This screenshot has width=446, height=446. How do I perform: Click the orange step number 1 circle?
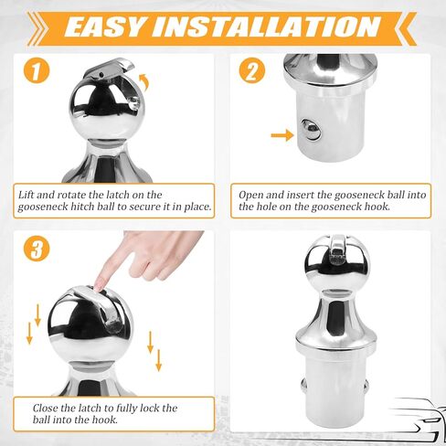point(37,70)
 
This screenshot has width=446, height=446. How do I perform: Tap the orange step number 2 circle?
point(252,70)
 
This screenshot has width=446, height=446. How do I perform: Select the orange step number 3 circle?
point(37,249)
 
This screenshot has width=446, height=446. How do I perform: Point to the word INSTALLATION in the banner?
point(267,27)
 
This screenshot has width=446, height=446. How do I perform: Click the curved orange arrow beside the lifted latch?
point(144,81)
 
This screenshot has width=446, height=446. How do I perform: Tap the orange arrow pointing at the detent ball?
point(282,134)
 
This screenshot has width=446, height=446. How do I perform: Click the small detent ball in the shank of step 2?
point(311,130)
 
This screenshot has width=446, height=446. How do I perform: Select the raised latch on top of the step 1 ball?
point(110,69)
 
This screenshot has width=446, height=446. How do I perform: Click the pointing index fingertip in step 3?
point(99,286)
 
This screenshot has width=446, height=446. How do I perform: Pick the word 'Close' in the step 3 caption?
point(46,409)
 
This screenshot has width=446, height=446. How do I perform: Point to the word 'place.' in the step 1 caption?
point(197,207)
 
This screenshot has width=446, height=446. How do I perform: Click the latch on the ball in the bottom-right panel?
point(337,250)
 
